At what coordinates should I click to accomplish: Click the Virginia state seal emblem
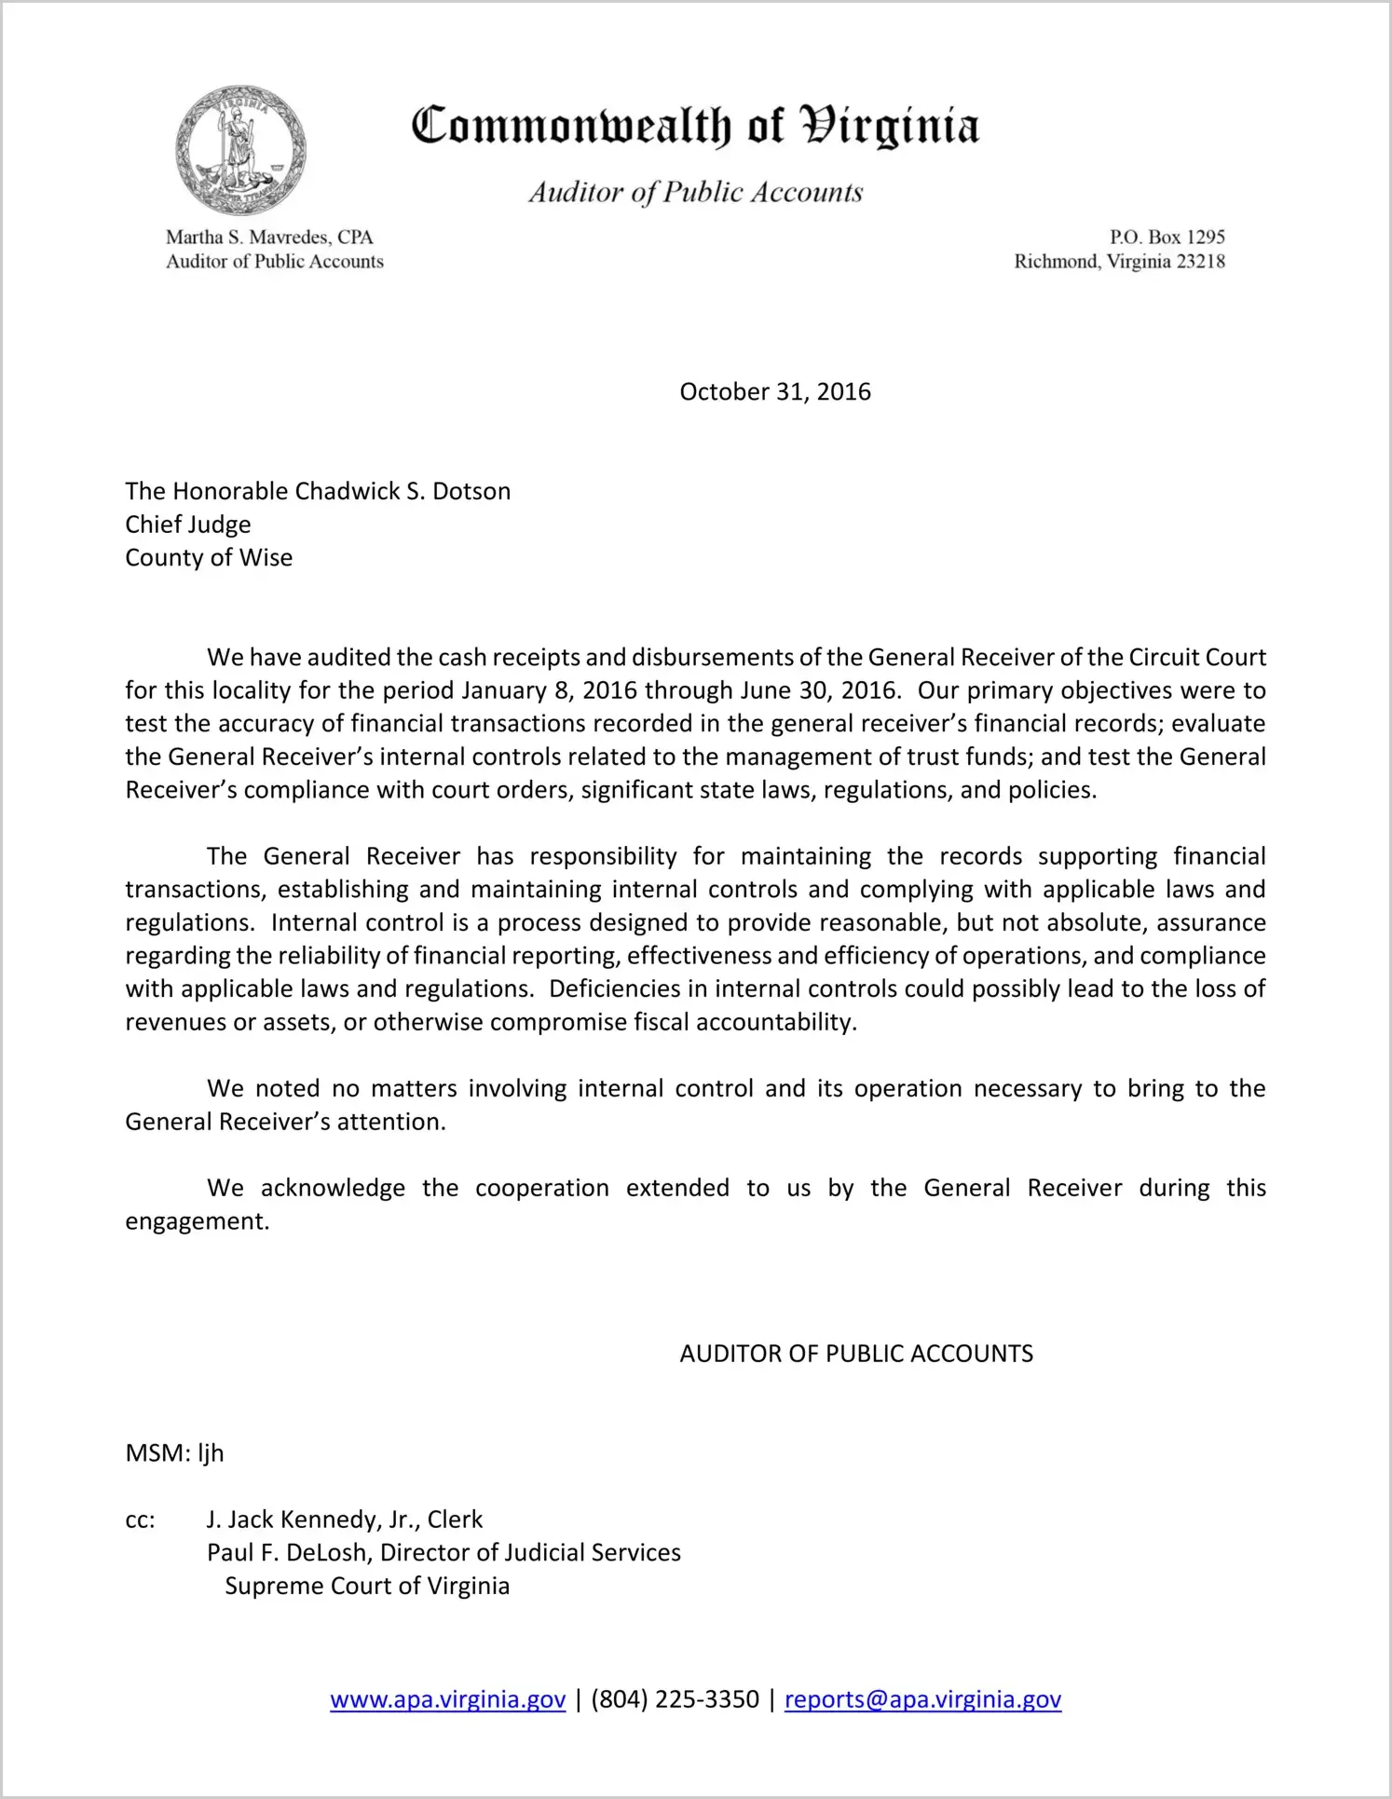click(x=240, y=149)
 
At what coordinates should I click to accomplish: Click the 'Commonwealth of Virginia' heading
click(x=695, y=127)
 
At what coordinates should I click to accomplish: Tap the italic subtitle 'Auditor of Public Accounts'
click(x=695, y=192)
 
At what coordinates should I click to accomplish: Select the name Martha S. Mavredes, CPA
click(x=269, y=238)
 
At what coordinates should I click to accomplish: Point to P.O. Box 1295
click(x=1167, y=238)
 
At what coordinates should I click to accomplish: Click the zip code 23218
click(x=1200, y=262)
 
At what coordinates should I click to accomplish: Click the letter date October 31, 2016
click(x=775, y=391)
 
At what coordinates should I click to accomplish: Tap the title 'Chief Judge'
click(x=188, y=525)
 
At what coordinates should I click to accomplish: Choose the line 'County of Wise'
click(x=209, y=557)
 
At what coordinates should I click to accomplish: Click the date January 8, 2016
click(x=549, y=690)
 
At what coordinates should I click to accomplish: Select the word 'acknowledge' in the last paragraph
click(x=333, y=1188)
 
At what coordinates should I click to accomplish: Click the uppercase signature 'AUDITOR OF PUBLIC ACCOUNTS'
click(x=856, y=1354)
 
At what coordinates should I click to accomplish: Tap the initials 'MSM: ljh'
click(x=174, y=1453)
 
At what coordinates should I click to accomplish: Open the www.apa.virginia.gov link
click(x=447, y=1699)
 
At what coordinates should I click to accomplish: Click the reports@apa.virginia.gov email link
click(x=922, y=1699)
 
